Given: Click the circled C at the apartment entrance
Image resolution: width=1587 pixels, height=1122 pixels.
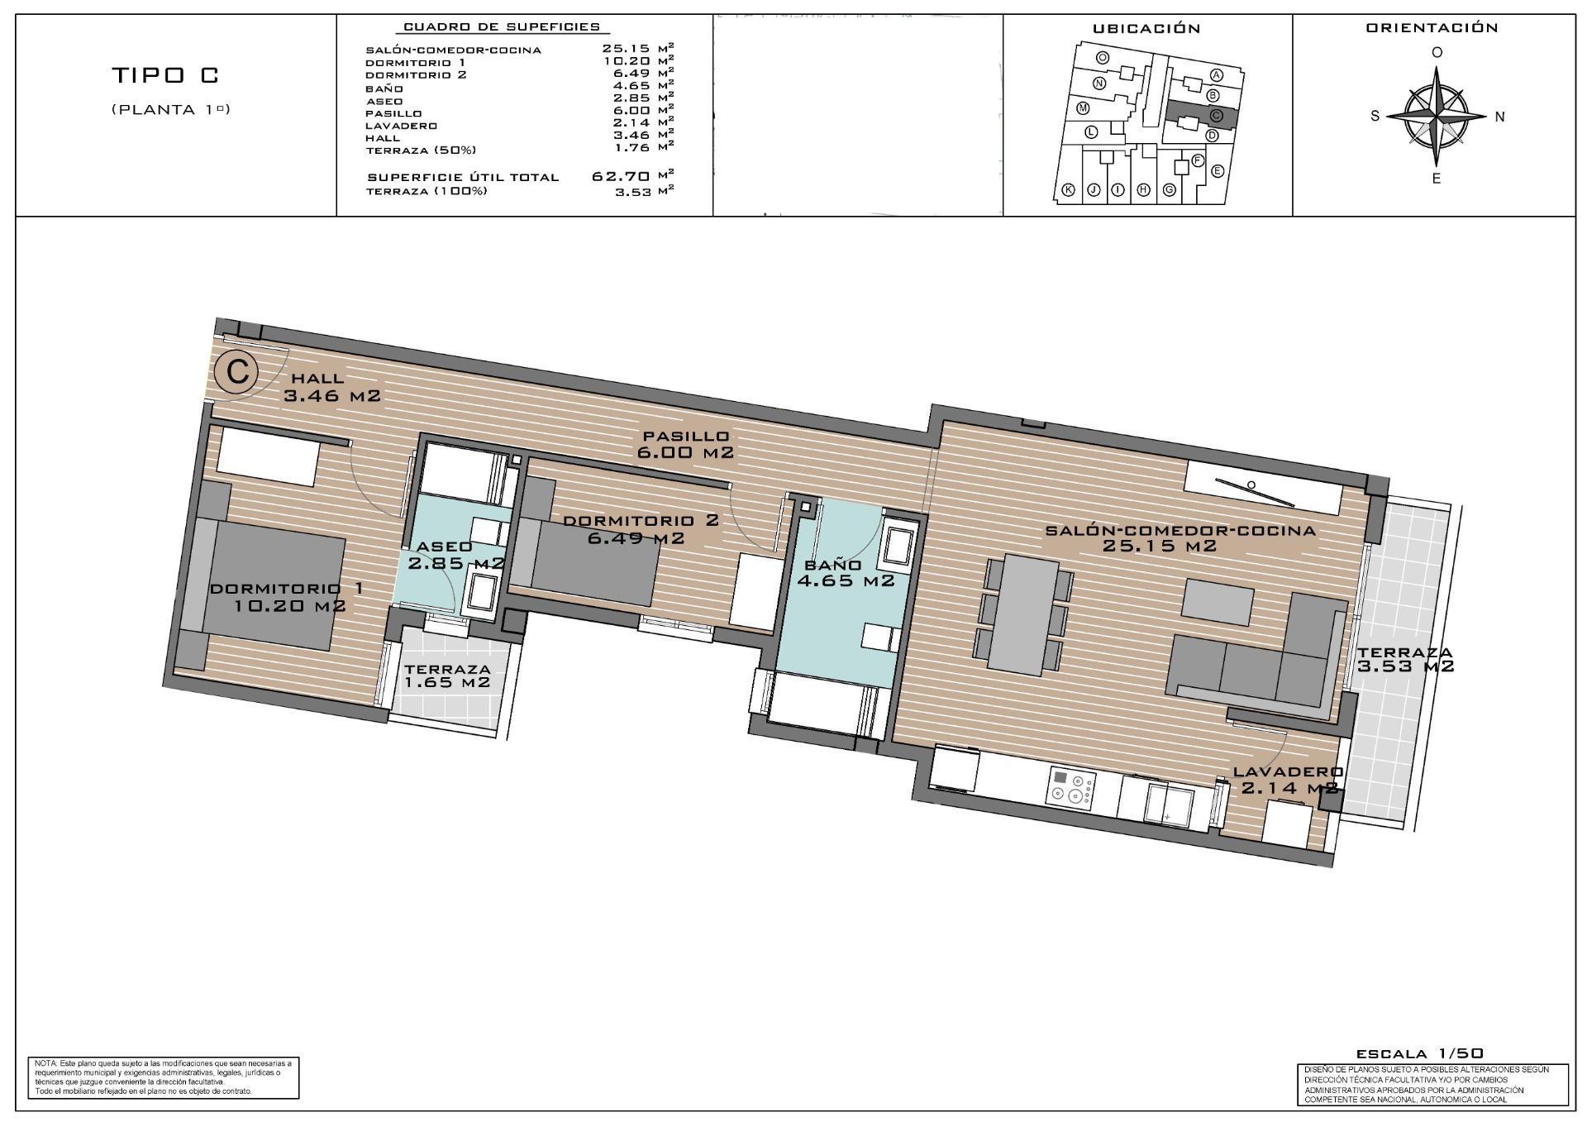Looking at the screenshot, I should (237, 371).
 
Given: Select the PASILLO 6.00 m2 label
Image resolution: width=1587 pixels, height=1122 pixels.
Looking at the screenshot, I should (685, 444).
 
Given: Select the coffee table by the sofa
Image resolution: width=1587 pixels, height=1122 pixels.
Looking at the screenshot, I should (1218, 601).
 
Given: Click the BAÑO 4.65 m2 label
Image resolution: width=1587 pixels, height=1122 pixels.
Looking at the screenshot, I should (845, 573).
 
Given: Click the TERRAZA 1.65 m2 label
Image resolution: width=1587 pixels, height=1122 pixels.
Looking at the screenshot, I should (447, 676).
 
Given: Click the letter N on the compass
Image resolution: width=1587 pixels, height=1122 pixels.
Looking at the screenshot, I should (1499, 117).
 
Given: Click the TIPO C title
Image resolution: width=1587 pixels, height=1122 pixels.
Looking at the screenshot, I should (165, 75).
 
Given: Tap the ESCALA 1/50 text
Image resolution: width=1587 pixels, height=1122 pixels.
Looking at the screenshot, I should (1419, 1053).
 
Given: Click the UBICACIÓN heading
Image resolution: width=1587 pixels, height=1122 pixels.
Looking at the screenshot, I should (1146, 29).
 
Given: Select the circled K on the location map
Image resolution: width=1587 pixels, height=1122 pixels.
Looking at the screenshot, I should (1068, 190).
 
